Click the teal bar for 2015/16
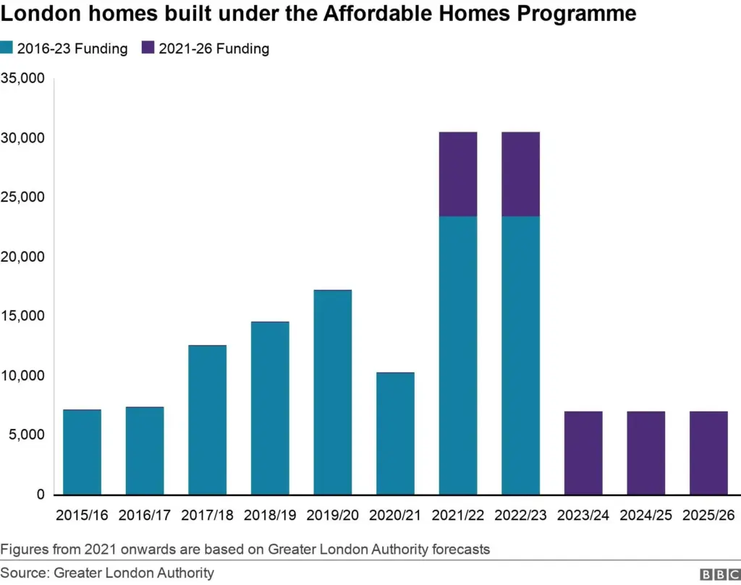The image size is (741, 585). (x=82, y=452)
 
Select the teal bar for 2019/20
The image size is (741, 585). (x=332, y=393)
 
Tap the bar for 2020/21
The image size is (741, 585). (x=395, y=434)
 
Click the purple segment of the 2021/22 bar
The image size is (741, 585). (x=458, y=174)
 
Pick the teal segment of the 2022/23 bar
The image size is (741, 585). (x=520, y=355)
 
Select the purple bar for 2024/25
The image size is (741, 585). (x=645, y=453)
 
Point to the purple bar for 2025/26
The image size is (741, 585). (x=708, y=453)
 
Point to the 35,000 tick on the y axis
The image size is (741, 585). (x=23, y=78)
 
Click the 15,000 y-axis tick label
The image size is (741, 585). (x=23, y=316)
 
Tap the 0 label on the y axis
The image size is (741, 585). (x=41, y=495)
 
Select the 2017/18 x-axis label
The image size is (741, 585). (x=207, y=515)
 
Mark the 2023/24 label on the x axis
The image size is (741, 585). (x=583, y=515)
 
